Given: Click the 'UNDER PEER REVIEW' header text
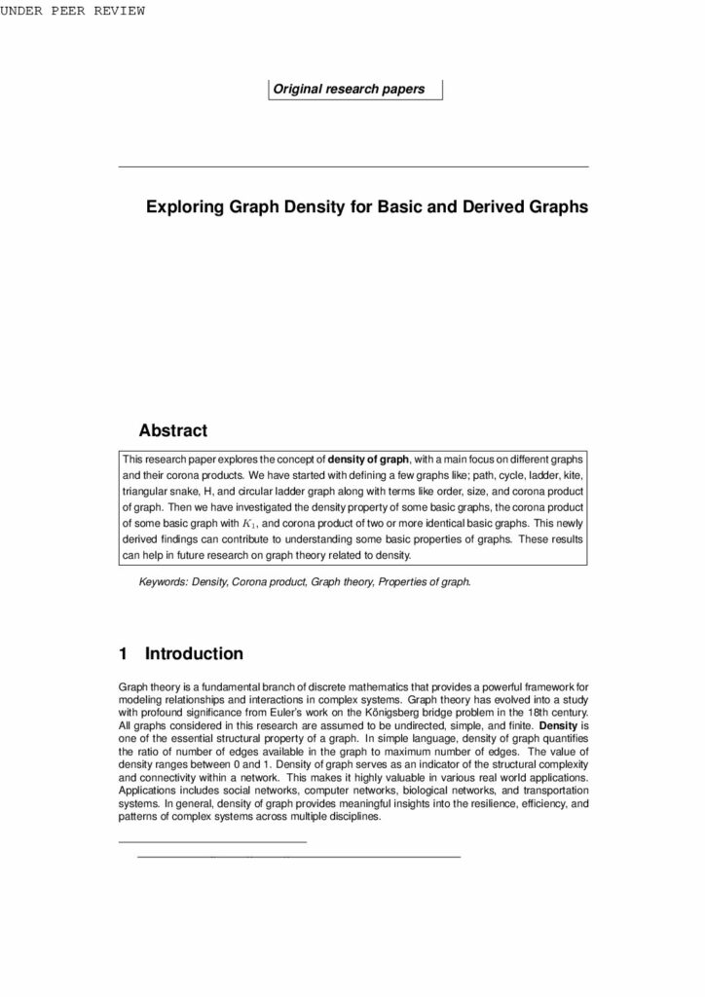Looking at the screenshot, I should (x=73, y=11).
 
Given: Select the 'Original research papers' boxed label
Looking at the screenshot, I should (x=354, y=90).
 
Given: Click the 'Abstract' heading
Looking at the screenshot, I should (x=173, y=429).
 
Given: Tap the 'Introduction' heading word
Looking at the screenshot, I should (x=194, y=653).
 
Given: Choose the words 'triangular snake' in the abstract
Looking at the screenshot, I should (x=159, y=491).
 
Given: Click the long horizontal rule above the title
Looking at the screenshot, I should (x=352, y=167).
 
